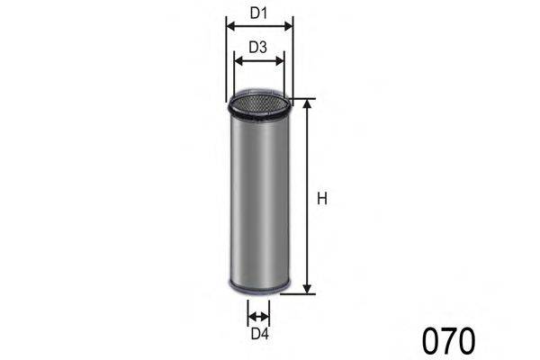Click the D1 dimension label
tap(259, 13)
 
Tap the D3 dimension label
tap(259, 48)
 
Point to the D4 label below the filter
tap(259, 335)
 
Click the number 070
tap(447, 341)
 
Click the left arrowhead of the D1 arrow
tap(229, 27)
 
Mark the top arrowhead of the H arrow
tap(307, 104)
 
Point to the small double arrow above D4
tap(259, 316)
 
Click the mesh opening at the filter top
tap(258, 101)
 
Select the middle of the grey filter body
tap(258, 198)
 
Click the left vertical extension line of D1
tap(225, 63)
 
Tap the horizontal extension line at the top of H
tap(304, 99)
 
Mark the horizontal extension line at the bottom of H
tap(304, 293)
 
